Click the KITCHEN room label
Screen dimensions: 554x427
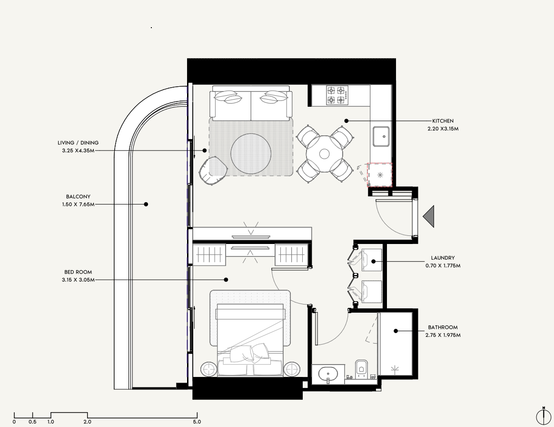pyautogui.click(x=443, y=121)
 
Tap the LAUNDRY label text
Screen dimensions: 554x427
pyautogui.click(x=443, y=258)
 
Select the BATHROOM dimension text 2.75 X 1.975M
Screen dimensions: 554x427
pyautogui.click(x=443, y=335)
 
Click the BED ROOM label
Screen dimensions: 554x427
pyautogui.click(x=78, y=272)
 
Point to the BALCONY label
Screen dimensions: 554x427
pyautogui.click(x=78, y=197)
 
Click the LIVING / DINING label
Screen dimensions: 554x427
pyautogui.click(x=78, y=143)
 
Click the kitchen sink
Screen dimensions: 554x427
pyautogui.click(x=381, y=136)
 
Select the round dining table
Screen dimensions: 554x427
pyautogui.click(x=324, y=154)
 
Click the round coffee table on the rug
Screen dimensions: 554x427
pyautogui.click(x=251, y=154)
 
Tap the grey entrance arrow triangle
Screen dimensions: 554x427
pyautogui.click(x=428, y=216)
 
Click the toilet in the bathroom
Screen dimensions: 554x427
pyautogui.click(x=361, y=368)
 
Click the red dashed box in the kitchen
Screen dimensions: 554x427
pyautogui.click(x=379, y=175)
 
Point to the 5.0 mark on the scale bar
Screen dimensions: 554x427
pyautogui.click(x=197, y=422)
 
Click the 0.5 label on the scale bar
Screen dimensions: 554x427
pyautogui.click(x=32, y=422)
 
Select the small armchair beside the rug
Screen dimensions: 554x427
pyautogui.click(x=213, y=171)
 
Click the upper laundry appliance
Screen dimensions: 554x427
pyautogui.click(x=371, y=260)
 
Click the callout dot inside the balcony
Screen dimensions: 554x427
pyautogui.click(x=146, y=204)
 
